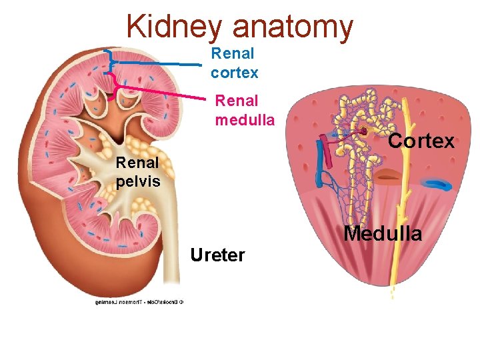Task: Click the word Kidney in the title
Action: (174, 27)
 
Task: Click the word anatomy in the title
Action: (293, 27)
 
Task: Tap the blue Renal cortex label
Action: (234, 63)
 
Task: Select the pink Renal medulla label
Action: (245, 111)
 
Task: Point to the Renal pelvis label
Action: (137, 171)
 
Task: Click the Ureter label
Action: (217, 255)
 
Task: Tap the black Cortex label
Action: (421, 141)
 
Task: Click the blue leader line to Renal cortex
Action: (160, 63)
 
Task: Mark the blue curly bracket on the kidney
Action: (109, 61)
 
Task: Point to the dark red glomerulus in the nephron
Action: (364, 131)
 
